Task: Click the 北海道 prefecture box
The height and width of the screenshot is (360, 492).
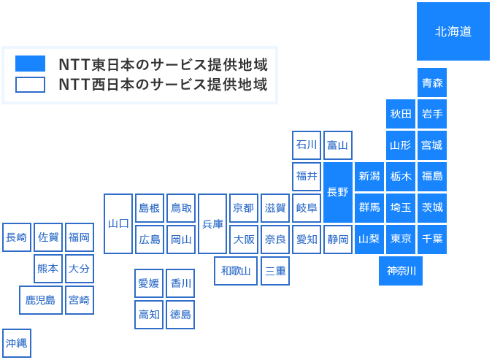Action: (453, 31)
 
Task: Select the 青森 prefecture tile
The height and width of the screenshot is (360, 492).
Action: (432, 83)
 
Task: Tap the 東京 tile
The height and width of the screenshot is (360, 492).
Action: (401, 239)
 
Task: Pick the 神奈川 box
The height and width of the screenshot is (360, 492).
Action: (401, 271)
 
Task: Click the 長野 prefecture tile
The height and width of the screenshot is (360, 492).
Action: (338, 192)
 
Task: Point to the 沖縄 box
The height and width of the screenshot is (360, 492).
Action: (17, 342)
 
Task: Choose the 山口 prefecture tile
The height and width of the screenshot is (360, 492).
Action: (118, 223)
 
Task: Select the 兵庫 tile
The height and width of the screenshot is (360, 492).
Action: (212, 223)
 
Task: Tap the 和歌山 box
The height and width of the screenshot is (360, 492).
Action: (236, 271)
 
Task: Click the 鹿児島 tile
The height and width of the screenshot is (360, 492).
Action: (40, 300)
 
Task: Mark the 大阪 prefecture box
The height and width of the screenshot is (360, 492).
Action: (244, 239)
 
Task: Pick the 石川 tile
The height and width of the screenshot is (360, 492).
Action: (307, 145)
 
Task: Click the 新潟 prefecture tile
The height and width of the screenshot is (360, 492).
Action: (369, 176)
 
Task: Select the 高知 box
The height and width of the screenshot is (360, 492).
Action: (150, 314)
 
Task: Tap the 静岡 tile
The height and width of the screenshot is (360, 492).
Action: (338, 239)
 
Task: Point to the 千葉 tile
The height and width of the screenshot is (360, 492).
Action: (432, 239)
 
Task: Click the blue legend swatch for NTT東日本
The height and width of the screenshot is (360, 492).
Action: (30, 64)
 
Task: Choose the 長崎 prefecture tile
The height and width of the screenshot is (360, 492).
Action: (17, 237)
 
